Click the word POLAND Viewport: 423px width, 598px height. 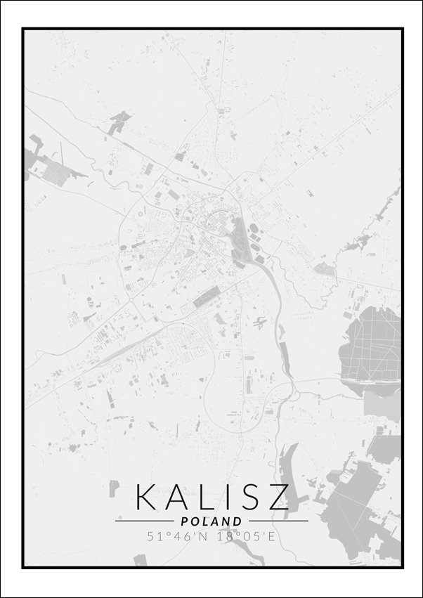tap(211, 521)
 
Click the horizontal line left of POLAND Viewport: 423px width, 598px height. tap(144, 521)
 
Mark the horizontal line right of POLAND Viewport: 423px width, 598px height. tap(278, 521)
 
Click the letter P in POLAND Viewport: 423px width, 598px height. tap(184, 521)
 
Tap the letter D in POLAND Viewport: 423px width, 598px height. tap(238, 521)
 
